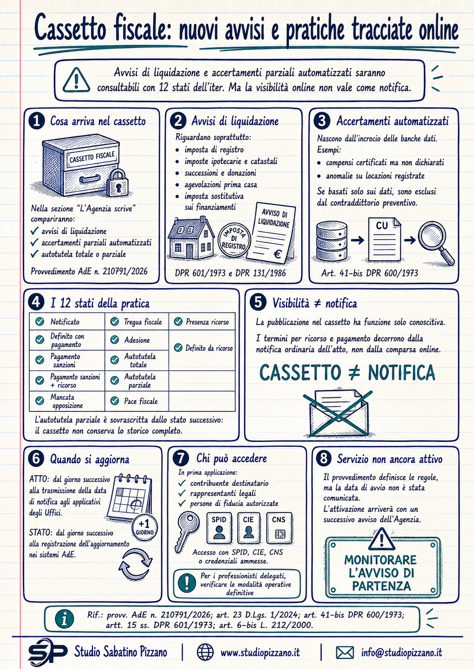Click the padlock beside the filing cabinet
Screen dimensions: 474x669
click(117, 183)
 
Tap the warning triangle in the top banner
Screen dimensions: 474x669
click(76, 80)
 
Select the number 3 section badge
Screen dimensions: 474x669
click(322, 121)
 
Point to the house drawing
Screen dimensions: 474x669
click(191, 238)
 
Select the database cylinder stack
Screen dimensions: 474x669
click(332, 240)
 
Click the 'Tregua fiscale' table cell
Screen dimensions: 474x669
click(137, 322)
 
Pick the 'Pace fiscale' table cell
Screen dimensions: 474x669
click(137, 401)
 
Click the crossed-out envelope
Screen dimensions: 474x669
click(338, 412)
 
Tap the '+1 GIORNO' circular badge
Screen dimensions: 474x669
click(145, 528)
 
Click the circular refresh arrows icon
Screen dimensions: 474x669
click(136, 564)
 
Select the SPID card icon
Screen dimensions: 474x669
click(219, 528)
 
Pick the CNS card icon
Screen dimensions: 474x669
click(279, 528)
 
